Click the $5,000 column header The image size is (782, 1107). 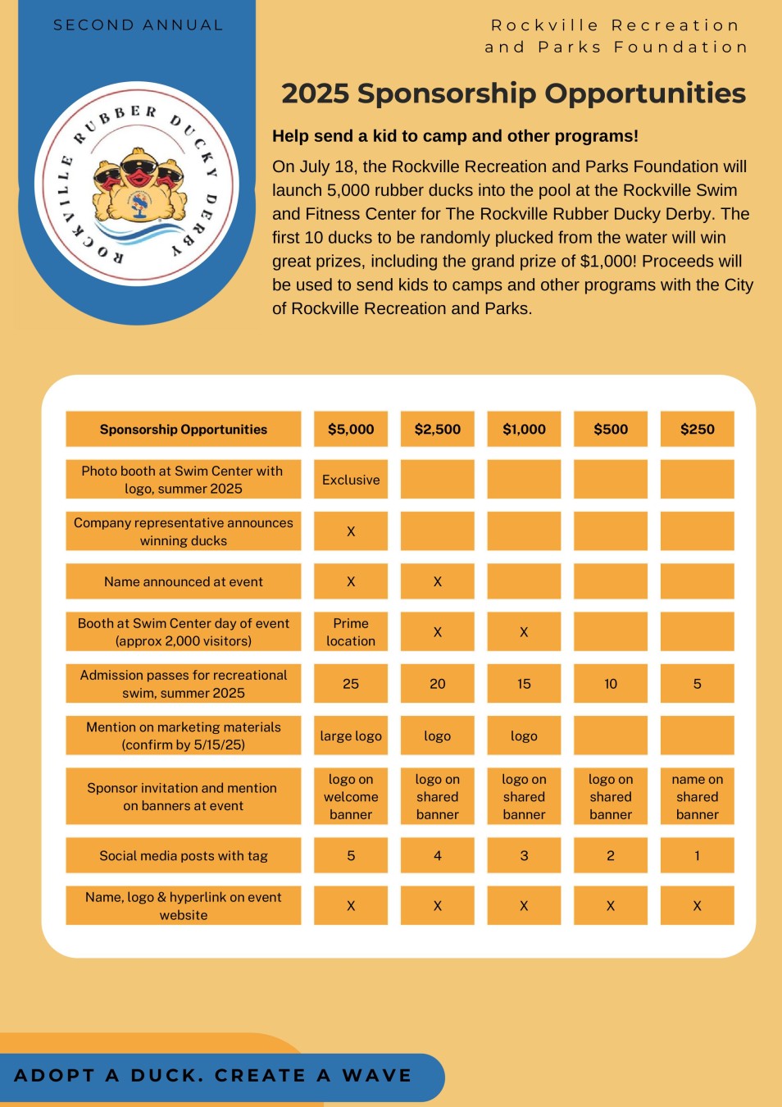[x=351, y=429]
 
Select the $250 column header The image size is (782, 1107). [x=697, y=429]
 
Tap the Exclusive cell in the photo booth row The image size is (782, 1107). [x=351, y=480]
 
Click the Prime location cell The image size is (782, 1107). [x=351, y=632]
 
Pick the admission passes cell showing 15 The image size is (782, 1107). [x=524, y=684]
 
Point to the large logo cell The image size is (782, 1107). [x=351, y=736]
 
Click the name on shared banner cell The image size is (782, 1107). [x=697, y=796]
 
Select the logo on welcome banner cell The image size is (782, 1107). [x=351, y=796]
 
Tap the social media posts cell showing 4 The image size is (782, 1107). [x=437, y=855]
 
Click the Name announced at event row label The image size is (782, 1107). [x=184, y=581]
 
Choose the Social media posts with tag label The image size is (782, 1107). [x=184, y=855]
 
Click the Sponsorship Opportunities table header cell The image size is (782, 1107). [x=184, y=429]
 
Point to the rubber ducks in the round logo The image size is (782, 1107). [x=138, y=184]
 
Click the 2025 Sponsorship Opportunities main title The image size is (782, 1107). [x=513, y=93]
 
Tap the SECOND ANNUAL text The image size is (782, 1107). [x=138, y=25]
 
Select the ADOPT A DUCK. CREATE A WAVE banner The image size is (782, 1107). [x=213, y=1076]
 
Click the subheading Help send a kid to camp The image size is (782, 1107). [x=455, y=136]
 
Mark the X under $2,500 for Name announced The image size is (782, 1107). [x=437, y=581]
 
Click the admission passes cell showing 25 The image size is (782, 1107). [x=351, y=684]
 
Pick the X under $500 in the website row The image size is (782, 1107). [x=610, y=906]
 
